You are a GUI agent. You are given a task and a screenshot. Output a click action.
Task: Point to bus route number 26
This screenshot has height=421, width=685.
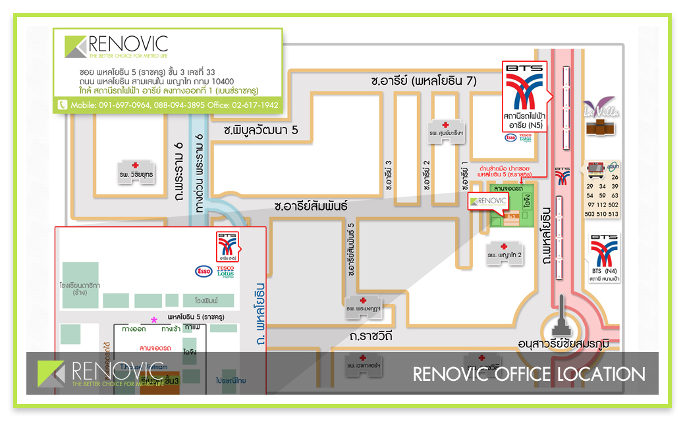(614, 178)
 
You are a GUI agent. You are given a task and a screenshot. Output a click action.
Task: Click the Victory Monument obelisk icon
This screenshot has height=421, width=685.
(562, 316)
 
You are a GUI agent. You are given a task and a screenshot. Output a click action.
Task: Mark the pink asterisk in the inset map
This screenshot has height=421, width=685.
(154, 319)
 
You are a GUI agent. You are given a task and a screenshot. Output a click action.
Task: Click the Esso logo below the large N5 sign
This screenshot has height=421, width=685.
(510, 137)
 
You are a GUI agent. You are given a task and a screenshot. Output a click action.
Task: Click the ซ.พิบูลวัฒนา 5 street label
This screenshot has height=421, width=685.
(261, 131)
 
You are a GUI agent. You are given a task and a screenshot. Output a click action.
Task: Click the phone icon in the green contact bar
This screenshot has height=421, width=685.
(63, 105)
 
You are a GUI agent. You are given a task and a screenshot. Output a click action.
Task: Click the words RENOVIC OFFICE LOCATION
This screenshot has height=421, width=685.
(529, 374)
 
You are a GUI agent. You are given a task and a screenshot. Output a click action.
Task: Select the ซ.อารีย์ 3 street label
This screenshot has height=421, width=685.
(389, 175)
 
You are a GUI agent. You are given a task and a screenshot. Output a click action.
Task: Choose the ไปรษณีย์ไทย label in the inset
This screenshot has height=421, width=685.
(231, 380)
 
